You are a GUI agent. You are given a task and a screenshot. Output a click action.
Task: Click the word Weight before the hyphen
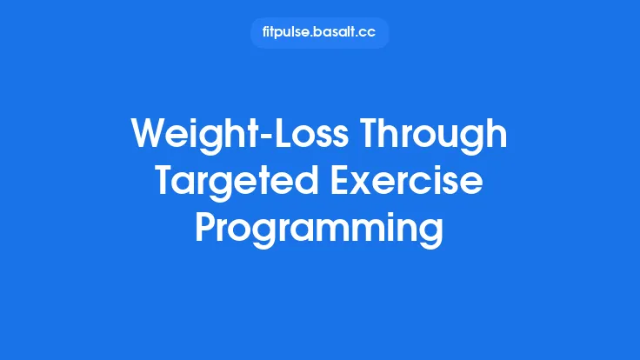(189, 137)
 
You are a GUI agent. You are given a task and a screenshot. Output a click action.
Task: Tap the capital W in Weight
(149, 137)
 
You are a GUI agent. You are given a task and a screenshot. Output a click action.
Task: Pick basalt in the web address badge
(334, 33)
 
